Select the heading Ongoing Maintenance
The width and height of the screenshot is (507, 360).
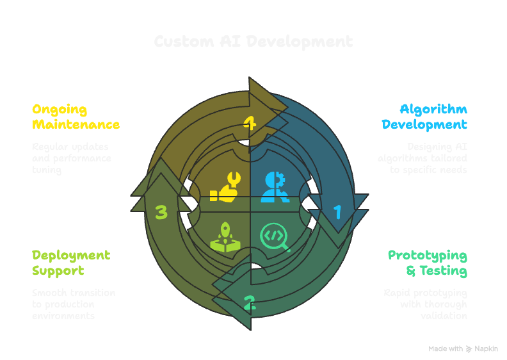(76, 117)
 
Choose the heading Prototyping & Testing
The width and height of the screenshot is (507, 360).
(428, 263)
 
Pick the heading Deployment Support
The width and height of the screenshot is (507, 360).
(71, 263)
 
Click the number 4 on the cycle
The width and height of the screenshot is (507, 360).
(250, 122)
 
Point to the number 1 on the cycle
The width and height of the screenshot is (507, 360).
(337, 211)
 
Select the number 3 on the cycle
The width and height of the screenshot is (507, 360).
(161, 211)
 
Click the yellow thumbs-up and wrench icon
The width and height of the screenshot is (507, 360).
(225, 186)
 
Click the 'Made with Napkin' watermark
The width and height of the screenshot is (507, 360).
(463, 349)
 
